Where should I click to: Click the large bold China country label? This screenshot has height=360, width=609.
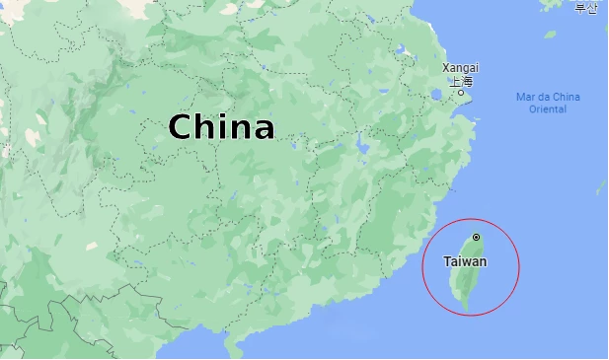tap(221, 127)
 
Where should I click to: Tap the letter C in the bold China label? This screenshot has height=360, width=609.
tap(180, 127)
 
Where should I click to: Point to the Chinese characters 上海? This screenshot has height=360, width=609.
tap(461, 81)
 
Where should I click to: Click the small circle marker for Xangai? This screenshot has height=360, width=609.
tap(461, 93)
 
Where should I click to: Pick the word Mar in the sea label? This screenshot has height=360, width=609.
tap(526, 97)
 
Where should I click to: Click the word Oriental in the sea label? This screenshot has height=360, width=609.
tap(548, 109)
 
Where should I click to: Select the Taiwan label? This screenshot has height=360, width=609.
tap(465, 261)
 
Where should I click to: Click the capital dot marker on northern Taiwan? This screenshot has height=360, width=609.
tap(476, 237)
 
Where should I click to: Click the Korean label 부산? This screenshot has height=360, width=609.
tap(586, 9)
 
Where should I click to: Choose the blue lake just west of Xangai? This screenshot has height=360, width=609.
tap(437, 95)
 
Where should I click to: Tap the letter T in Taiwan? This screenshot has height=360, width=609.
tap(448, 261)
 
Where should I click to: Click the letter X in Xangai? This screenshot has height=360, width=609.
tap(446, 68)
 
